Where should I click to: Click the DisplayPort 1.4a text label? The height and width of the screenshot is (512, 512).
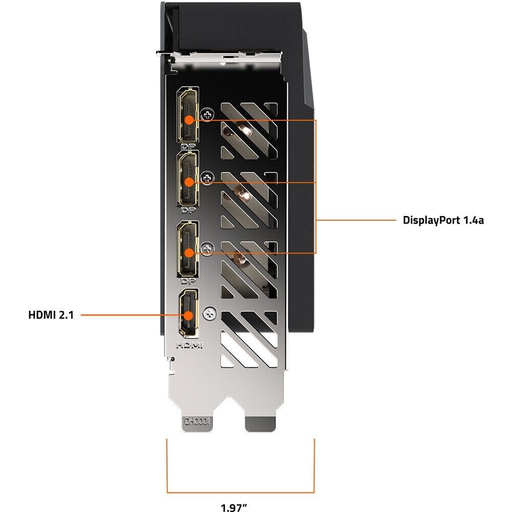443,221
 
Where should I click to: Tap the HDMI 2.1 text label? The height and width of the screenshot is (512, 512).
51,315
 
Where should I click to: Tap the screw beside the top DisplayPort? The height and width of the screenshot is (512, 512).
207,116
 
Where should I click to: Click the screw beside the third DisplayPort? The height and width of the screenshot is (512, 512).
207,249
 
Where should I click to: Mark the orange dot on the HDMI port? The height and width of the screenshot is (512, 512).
188,315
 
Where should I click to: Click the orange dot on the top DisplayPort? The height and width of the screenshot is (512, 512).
188,120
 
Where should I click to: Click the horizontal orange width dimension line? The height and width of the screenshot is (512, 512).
241,477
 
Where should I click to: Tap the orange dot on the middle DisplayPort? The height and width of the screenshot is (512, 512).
188,182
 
